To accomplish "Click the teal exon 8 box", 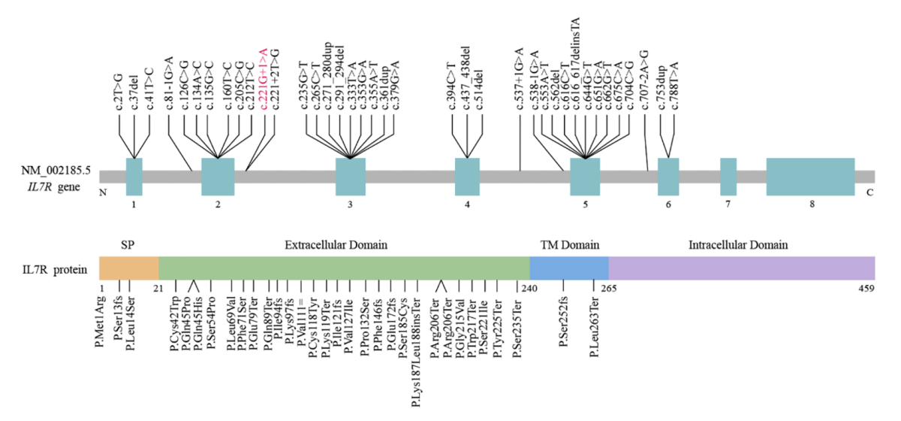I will pos(810,177).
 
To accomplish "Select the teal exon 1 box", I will pos(134,177).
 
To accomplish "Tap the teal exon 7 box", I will pos(728,177).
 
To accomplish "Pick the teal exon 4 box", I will pos(467,177).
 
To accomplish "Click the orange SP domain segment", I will pos(128,268).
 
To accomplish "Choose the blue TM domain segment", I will pos(569,268).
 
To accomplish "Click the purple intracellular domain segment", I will pos(741,268).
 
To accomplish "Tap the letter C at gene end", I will pos(870,192).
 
